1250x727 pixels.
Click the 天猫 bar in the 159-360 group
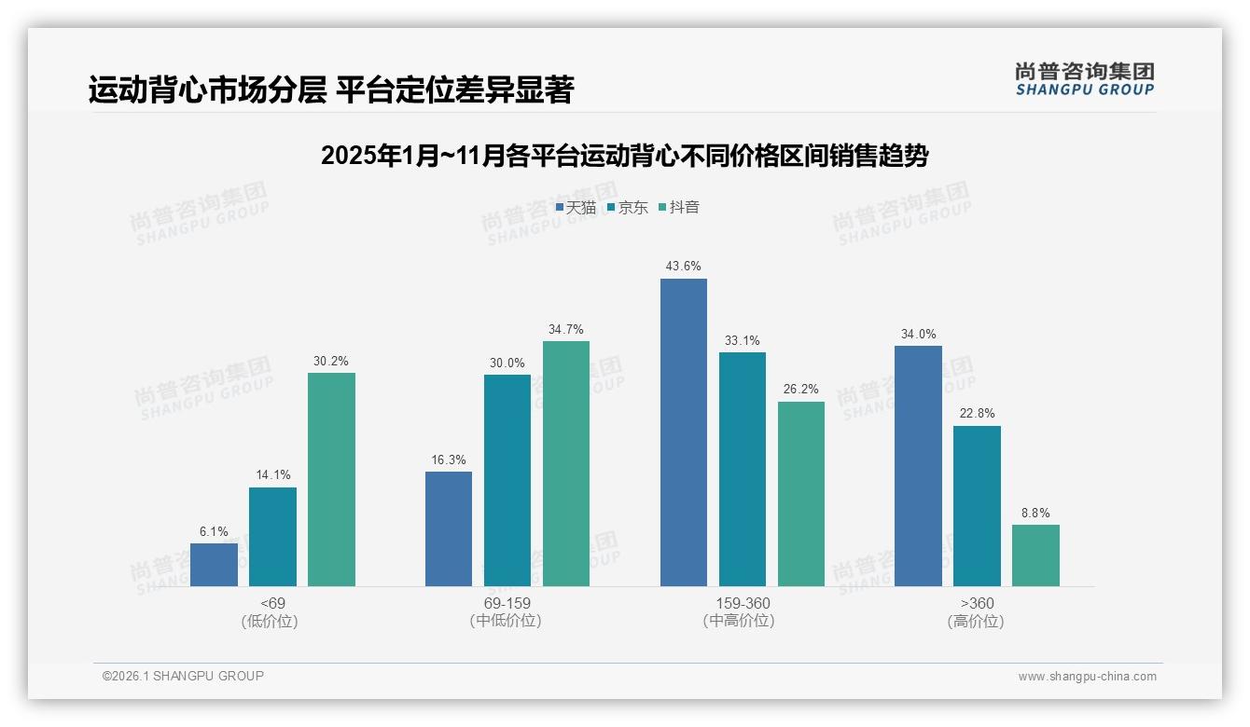click(x=683, y=432)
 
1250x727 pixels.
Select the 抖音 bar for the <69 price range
click(x=331, y=479)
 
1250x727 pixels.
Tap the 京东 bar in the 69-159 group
click(x=507, y=480)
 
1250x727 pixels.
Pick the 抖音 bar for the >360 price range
click(x=1035, y=556)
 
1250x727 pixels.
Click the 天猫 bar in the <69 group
click(x=214, y=565)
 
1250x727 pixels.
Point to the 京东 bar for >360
click(x=977, y=506)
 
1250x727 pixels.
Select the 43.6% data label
click(x=683, y=267)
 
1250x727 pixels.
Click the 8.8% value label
click(x=1035, y=513)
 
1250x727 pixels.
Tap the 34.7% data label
click(x=566, y=329)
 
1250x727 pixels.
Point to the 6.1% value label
click(x=214, y=531)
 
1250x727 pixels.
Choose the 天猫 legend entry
click(x=576, y=208)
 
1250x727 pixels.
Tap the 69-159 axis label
click(x=507, y=603)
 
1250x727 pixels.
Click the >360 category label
click(x=977, y=603)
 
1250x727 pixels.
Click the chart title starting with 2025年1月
click(x=625, y=156)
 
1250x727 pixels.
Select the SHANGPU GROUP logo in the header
click(x=1084, y=79)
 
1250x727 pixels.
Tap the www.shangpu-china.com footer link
click(x=1087, y=677)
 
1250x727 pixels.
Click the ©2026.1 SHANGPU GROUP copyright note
click(x=183, y=676)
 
